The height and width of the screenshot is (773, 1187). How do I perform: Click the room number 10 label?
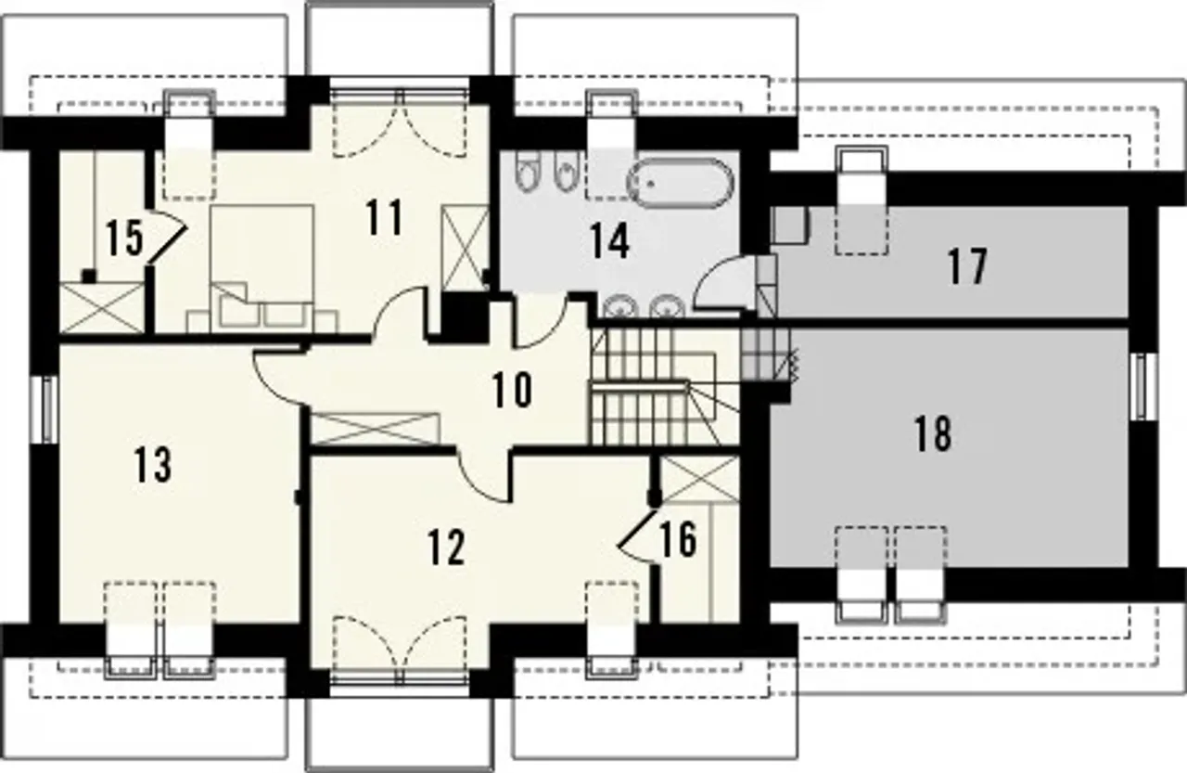click(512, 390)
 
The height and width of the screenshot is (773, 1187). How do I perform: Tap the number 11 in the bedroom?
click(384, 217)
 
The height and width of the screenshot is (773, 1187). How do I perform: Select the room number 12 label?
click(446, 548)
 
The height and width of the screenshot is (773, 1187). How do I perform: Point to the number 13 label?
click(152, 464)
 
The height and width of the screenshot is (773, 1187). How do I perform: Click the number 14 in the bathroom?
click(609, 240)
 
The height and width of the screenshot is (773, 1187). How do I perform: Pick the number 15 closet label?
click(124, 238)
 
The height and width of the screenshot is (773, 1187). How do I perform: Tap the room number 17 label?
click(967, 266)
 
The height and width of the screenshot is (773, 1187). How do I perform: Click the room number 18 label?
click(933, 433)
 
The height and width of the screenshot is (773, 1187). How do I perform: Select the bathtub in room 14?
click(681, 183)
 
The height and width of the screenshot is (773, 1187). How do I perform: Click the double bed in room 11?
click(262, 269)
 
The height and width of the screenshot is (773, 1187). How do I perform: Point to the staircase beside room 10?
click(665, 386)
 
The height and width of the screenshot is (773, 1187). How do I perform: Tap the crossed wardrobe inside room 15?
click(102, 308)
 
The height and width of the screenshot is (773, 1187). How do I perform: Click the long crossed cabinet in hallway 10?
click(375, 429)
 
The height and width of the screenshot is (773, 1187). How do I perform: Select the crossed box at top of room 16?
click(699, 478)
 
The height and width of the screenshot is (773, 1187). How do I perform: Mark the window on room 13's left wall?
click(47, 408)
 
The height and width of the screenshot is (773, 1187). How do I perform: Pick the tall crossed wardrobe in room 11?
click(465, 248)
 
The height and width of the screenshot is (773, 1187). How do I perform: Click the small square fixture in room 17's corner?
click(791, 225)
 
